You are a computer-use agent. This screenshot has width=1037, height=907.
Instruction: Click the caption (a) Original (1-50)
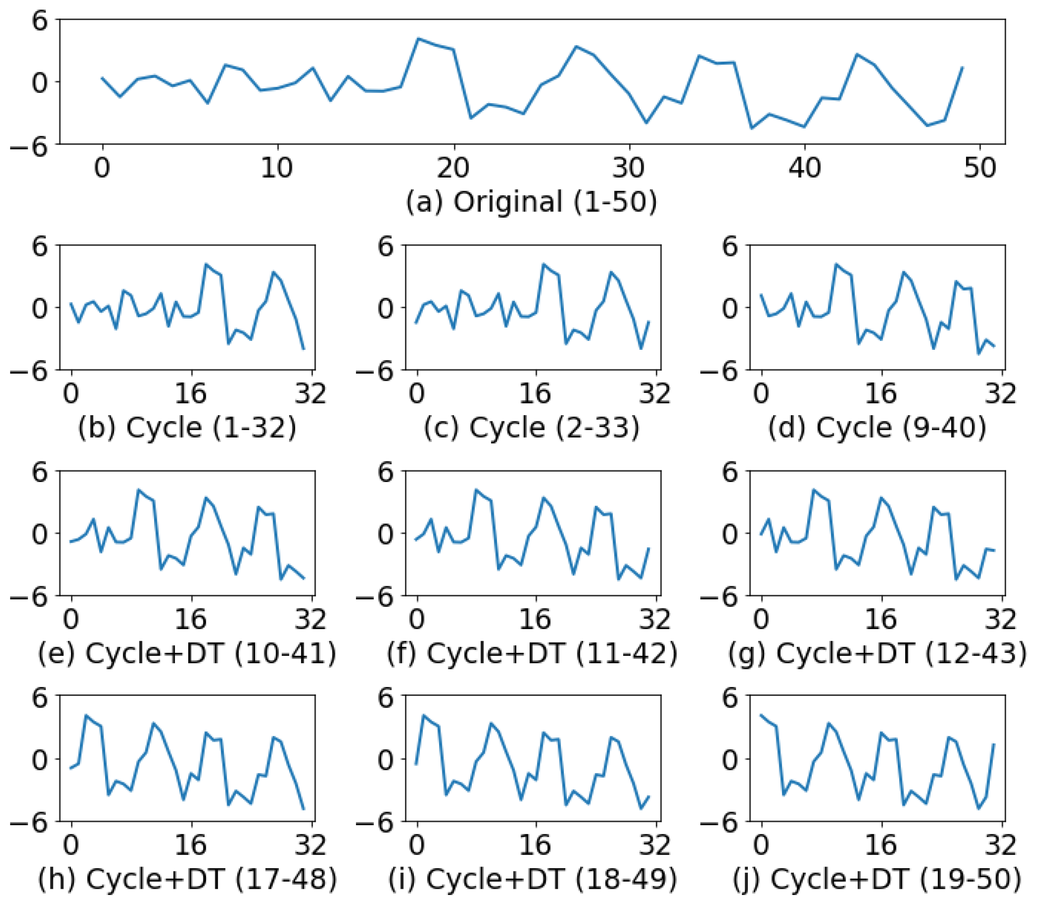[532, 202]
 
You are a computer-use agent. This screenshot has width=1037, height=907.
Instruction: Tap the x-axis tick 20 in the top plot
[453, 168]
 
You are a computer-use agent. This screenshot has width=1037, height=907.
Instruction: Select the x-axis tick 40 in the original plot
[805, 168]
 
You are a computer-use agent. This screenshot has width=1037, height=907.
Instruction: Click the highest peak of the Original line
[418, 38]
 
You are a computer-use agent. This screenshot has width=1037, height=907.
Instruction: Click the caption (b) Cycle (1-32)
[187, 428]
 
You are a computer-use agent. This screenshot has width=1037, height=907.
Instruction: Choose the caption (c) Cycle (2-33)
[532, 428]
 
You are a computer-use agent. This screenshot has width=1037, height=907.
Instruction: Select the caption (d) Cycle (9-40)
[877, 428]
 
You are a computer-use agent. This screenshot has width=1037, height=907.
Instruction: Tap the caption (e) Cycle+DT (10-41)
[187, 653]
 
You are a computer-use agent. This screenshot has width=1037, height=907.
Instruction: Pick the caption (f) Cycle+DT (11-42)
[532, 653]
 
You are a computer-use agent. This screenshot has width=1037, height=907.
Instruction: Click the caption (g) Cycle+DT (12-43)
[877, 653]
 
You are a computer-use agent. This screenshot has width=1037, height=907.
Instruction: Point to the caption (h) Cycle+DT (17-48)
[187, 879]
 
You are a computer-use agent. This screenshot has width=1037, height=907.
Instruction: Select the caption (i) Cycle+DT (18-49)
[532, 879]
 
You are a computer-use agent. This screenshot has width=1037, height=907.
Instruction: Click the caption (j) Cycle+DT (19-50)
[877, 879]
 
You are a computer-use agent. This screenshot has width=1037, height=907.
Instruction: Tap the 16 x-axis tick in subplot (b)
[191, 393]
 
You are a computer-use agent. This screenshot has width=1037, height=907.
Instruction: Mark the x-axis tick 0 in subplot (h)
[71, 845]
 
